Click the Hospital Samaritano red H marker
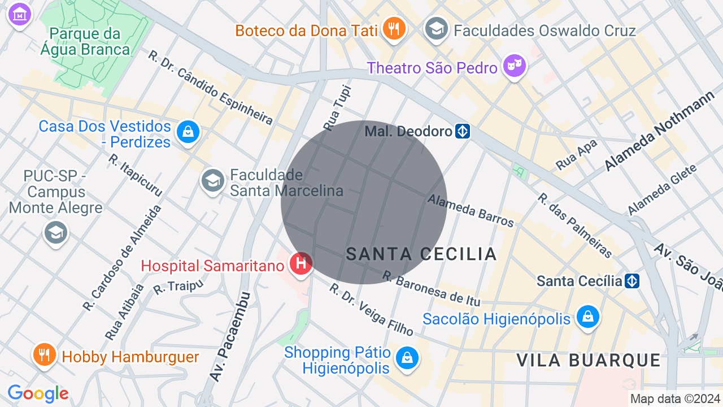click(x=301, y=263)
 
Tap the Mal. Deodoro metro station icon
click(x=463, y=132)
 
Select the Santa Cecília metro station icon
click(x=632, y=281)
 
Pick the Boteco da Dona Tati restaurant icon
click(x=393, y=28)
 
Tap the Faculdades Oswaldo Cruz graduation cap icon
click(x=437, y=28)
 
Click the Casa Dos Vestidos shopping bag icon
click(x=188, y=132)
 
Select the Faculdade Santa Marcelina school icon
click(x=213, y=181)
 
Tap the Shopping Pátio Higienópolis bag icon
click(x=406, y=358)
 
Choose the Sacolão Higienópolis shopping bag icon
click(x=588, y=317)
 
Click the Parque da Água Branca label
click(x=85, y=42)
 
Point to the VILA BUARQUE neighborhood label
click(x=589, y=360)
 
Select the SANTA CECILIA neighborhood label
click(x=421, y=254)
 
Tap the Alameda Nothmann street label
click(x=659, y=133)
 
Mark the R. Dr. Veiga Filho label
click(x=371, y=310)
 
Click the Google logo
click(x=38, y=393)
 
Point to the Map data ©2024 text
click(x=676, y=399)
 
